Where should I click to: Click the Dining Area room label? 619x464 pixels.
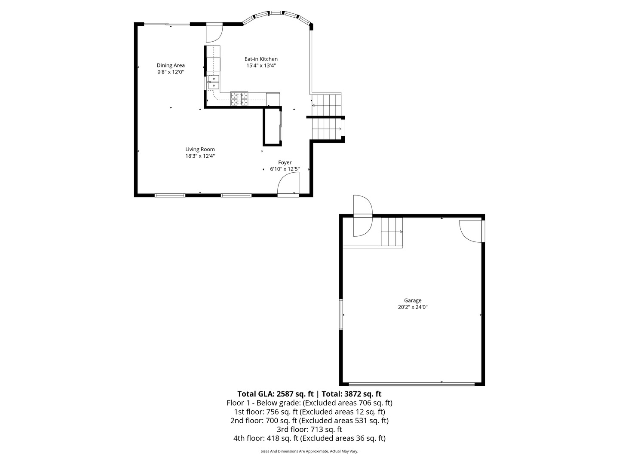click(x=171, y=65)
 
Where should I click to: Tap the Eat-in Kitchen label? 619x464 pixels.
click(x=261, y=59)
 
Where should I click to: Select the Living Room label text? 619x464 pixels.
click(x=200, y=150)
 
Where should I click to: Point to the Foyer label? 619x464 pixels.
click(x=285, y=162)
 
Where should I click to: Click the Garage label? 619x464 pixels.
click(x=413, y=300)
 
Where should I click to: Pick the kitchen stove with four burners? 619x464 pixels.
click(x=239, y=99)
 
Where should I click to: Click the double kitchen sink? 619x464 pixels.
click(x=213, y=82)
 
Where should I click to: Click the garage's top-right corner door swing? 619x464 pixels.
click(x=470, y=231)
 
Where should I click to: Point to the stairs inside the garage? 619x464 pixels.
click(x=392, y=232)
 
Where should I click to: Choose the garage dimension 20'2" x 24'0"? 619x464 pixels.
click(x=413, y=307)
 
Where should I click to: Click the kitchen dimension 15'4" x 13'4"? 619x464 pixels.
click(x=261, y=66)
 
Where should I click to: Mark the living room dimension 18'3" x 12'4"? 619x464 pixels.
click(x=200, y=156)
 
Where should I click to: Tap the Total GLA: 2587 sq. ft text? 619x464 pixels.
click(x=276, y=394)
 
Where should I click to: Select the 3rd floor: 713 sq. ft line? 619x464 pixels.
click(x=309, y=429)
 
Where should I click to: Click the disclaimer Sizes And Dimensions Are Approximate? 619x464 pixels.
click(x=309, y=451)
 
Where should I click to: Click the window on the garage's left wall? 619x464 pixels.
click(x=341, y=314)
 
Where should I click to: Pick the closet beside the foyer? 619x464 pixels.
click(x=272, y=127)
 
